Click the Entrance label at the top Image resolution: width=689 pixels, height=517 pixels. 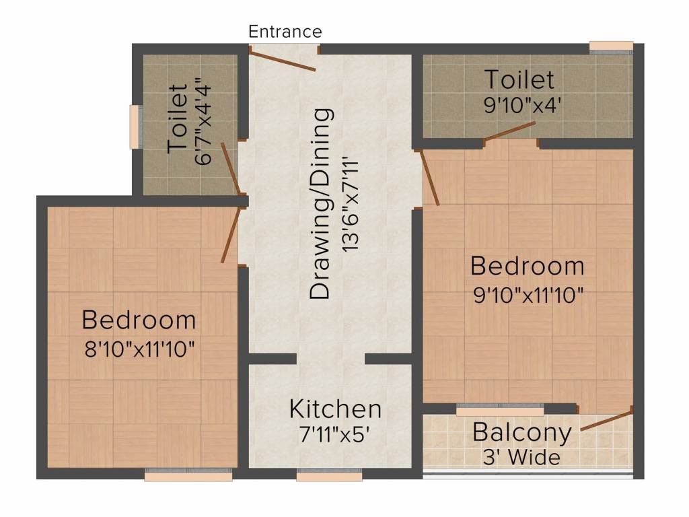[x=285, y=32]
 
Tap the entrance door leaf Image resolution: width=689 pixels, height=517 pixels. [x=283, y=59]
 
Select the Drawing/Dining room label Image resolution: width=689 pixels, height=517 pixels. [x=321, y=203]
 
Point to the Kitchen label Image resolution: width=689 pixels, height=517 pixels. [x=335, y=409]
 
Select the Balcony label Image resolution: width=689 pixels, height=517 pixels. [x=522, y=432]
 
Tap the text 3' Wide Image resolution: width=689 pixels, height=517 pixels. [x=522, y=458]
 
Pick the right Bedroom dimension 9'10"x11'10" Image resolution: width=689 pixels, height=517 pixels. [x=528, y=295]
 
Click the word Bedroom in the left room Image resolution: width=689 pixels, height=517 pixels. [x=139, y=320]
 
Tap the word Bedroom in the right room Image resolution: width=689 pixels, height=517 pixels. [x=528, y=266]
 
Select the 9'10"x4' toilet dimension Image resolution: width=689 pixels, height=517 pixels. [x=520, y=106]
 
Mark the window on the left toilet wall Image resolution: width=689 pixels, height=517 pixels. [x=137, y=127]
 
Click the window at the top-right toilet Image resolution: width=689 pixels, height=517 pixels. [x=611, y=47]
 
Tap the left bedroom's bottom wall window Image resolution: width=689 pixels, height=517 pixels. [x=188, y=476]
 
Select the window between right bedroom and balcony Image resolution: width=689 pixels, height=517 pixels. [x=500, y=409]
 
